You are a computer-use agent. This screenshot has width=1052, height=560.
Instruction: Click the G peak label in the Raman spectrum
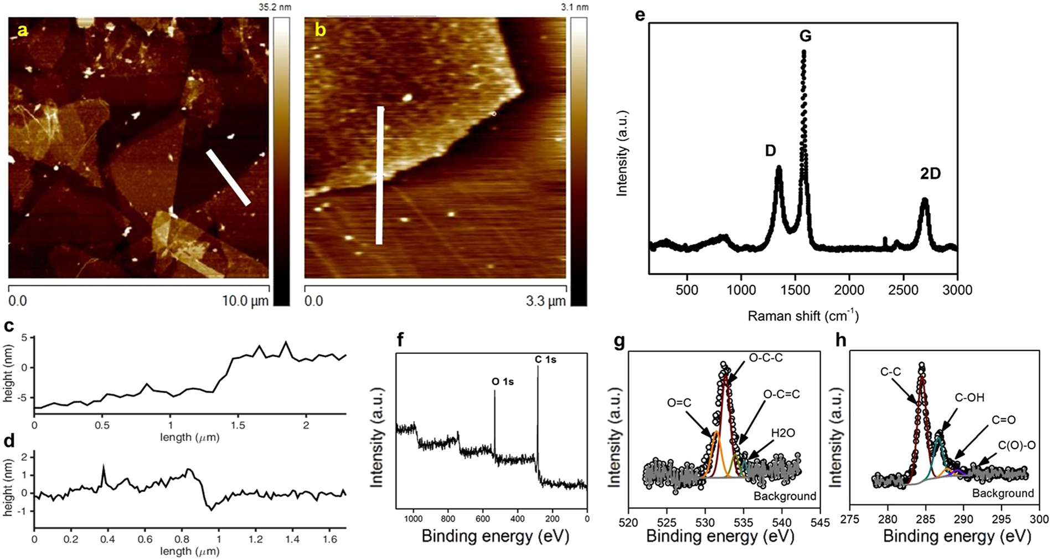pyautogui.click(x=805, y=36)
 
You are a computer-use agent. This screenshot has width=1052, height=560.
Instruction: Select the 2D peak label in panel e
pyautogui.click(x=930, y=174)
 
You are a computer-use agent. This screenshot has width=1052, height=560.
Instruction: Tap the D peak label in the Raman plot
pyautogui.click(x=771, y=151)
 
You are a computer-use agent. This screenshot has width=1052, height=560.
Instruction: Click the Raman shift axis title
pyautogui.click(x=803, y=316)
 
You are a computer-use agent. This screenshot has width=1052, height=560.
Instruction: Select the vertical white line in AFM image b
pyautogui.click(x=380, y=174)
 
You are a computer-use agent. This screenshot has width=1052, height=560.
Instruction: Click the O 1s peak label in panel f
pyautogui.click(x=503, y=382)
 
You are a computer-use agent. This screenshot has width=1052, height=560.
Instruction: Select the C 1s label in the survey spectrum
pyautogui.click(x=545, y=359)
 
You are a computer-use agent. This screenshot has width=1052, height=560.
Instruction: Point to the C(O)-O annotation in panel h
pyautogui.click(x=1017, y=444)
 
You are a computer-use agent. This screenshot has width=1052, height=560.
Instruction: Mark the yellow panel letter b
pyautogui.click(x=320, y=30)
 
